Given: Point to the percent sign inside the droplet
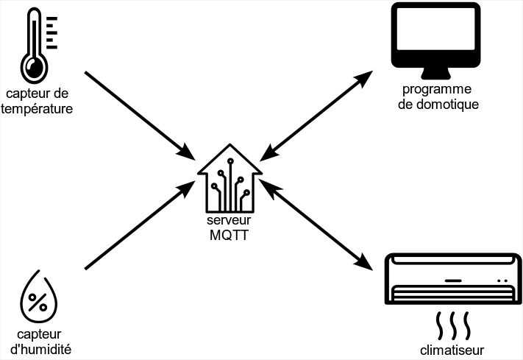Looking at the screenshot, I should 38,302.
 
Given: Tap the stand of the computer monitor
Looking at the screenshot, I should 436,73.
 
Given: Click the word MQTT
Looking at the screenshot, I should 230,235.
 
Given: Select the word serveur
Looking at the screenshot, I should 230,222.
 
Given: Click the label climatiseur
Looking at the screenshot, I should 453,349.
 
